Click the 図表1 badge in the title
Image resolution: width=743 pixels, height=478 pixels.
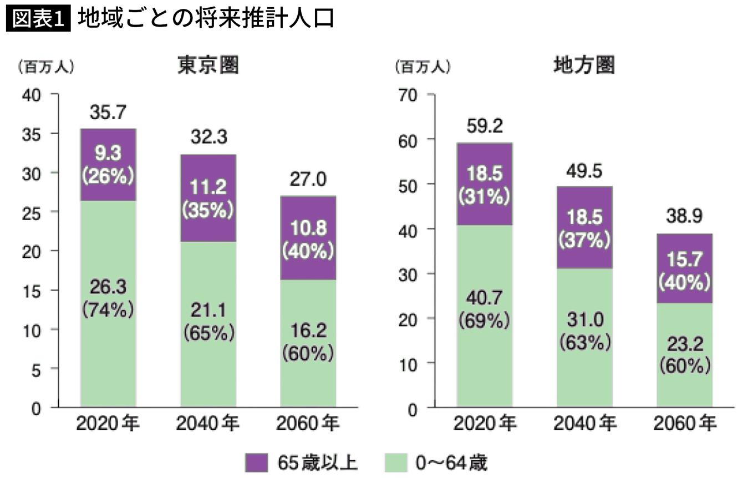click(x=38, y=18)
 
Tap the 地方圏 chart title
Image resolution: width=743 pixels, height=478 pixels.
click(x=585, y=67)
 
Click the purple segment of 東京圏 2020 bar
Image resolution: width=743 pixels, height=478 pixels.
click(x=108, y=165)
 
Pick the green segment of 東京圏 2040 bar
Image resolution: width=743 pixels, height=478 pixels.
click(x=208, y=324)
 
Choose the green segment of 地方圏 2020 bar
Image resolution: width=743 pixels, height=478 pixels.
click(x=485, y=316)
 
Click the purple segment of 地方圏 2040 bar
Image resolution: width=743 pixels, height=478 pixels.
click(x=584, y=227)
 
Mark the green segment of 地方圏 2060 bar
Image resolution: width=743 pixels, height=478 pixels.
click(x=684, y=355)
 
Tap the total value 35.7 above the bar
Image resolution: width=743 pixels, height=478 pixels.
click(x=108, y=114)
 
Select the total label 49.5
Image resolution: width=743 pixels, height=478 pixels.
click(x=584, y=172)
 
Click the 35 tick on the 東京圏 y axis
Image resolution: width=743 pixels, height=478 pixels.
click(x=32, y=134)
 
